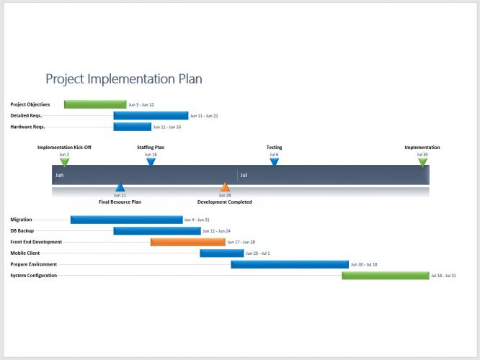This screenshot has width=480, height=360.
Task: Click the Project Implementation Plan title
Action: pos(124,78)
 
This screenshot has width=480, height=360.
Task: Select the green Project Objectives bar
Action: pos(94,104)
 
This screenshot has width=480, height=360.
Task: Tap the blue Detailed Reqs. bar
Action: pos(151,115)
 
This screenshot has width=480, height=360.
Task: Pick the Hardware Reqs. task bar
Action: pos(132,127)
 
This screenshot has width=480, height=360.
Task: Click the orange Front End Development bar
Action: pos(187,242)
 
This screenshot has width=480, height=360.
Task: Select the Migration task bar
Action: pos(126,220)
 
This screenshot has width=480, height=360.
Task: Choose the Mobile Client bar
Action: pos(221,253)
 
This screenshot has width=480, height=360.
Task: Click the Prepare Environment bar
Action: pos(289,264)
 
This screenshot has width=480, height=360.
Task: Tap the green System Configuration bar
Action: pos(385,276)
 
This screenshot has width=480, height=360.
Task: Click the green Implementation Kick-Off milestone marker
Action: pos(65,162)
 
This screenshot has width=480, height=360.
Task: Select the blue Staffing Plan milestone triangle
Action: pos(151,162)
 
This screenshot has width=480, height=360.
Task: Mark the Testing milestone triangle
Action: pos(274,162)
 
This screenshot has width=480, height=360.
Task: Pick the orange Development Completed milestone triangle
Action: pos(225,188)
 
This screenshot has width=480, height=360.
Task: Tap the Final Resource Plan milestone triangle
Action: pos(120,188)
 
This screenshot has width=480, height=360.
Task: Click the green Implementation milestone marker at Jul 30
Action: pos(422,162)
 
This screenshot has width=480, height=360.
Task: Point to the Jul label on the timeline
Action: pos(244,175)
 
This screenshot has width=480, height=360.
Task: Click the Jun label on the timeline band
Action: pos(59,175)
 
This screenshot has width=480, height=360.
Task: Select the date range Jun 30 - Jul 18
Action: pos(364,264)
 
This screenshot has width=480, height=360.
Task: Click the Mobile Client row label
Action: pos(25,253)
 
